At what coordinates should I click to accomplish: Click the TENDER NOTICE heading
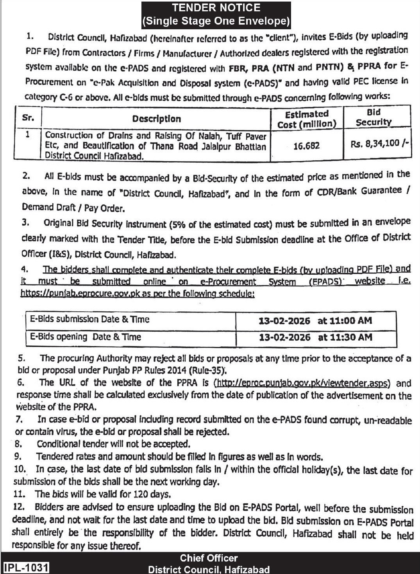point(216,8)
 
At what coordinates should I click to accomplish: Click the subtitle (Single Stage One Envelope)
point(216,21)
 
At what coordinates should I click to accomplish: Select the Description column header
point(156,119)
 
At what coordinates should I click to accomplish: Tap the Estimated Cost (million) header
point(307,119)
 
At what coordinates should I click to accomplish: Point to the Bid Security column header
point(374,117)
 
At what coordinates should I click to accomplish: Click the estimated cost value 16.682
point(307,146)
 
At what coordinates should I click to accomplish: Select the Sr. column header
point(28,118)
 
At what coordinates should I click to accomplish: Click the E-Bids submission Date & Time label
point(90,319)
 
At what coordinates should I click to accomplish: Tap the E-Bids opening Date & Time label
point(86,337)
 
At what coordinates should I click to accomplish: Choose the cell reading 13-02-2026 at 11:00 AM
point(315,321)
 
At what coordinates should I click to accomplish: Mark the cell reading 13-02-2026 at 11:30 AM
point(315,337)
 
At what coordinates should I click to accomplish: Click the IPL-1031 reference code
point(27,567)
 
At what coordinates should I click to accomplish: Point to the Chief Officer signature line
point(209,558)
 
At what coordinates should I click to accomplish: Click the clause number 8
point(18,444)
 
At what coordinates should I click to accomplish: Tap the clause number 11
point(19,494)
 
